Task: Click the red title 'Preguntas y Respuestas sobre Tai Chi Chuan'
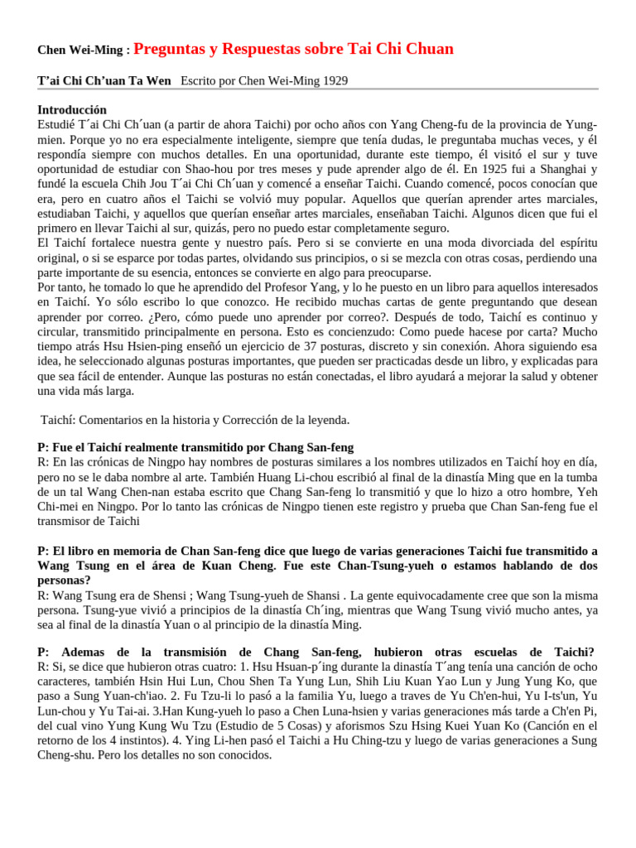(x=293, y=49)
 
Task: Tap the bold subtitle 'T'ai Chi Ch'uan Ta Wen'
(x=104, y=80)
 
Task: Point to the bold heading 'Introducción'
(x=72, y=109)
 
